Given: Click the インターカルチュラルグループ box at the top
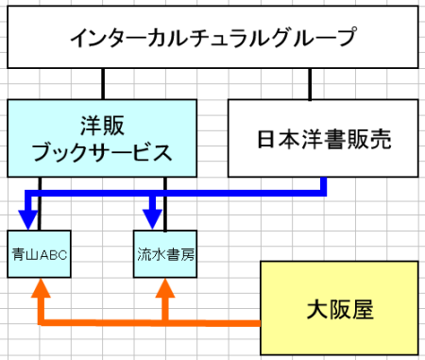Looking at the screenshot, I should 212,40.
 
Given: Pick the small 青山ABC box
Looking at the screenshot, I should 38,253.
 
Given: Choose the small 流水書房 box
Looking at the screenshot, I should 165,253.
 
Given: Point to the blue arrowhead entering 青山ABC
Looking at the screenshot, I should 28,218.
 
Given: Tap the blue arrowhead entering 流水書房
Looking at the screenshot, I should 153,218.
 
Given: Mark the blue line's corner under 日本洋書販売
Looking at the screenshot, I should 324,193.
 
